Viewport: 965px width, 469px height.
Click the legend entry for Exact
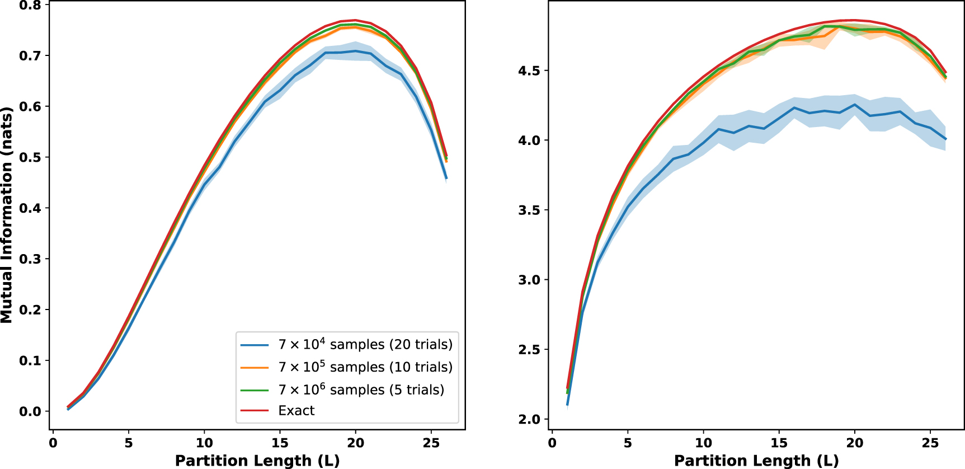point(296,411)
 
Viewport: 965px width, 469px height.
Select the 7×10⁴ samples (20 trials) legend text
point(365,344)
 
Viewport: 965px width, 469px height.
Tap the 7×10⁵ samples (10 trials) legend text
point(365,367)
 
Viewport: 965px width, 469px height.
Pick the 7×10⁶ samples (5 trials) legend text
point(361,390)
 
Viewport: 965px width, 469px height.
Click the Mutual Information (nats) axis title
point(7,215)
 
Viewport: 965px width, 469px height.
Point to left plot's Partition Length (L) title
point(257,461)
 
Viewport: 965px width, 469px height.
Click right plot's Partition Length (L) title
point(756,461)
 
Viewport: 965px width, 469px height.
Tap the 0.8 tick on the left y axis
point(30,6)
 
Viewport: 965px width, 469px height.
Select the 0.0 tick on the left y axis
point(30,411)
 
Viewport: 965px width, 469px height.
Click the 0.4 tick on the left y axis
point(30,208)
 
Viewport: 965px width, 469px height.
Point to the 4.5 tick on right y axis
point(529,71)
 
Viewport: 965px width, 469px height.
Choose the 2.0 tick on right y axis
point(529,419)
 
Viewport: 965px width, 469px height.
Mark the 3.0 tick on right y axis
point(529,280)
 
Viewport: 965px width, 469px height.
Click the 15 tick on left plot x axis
point(280,443)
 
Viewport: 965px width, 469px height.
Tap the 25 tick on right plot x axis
point(930,443)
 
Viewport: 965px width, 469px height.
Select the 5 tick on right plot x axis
point(628,443)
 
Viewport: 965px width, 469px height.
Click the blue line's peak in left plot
point(355,51)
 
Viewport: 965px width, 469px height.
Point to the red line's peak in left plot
point(355,20)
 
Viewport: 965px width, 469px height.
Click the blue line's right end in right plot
point(945,139)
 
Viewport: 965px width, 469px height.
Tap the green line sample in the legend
point(255,390)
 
